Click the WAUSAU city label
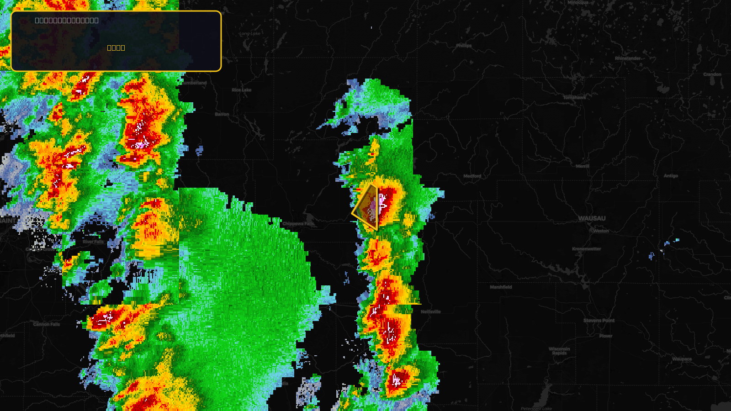[x=592, y=218]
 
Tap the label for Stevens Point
[x=599, y=321]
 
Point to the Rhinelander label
[x=627, y=58]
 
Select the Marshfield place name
[x=501, y=287]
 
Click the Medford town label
[x=472, y=176]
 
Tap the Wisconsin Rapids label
[x=559, y=351]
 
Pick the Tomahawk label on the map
[x=574, y=97]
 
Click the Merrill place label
[x=582, y=166]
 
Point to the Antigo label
[x=671, y=176]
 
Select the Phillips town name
[x=464, y=46]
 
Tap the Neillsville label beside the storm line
[x=431, y=312]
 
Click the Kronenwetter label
[x=587, y=249]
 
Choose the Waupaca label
[x=682, y=359]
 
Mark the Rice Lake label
[x=241, y=90]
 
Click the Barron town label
[x=222, y=114]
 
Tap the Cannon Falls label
[x=47, y=324]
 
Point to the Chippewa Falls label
[x=298, y=224]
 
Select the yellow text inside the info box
[x=116, y=48]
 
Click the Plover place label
[x=606, y=336]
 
